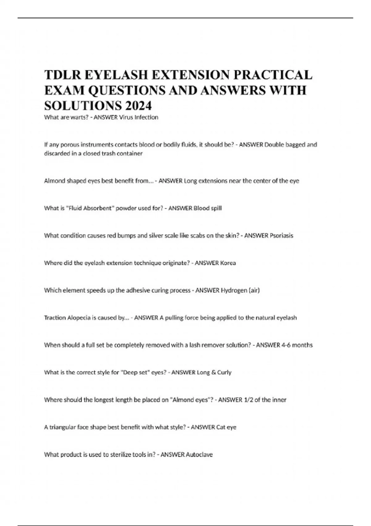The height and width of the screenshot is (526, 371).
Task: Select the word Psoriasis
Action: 281,235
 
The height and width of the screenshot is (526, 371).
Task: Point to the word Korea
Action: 228,263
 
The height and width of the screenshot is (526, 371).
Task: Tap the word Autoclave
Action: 199,455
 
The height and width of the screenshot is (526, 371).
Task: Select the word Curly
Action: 224,372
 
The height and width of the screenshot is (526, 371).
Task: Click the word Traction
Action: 55,318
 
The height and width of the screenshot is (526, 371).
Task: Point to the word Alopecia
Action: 79,318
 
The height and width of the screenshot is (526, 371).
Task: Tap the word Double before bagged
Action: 274,144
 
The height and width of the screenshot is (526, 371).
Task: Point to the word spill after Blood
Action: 216,208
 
